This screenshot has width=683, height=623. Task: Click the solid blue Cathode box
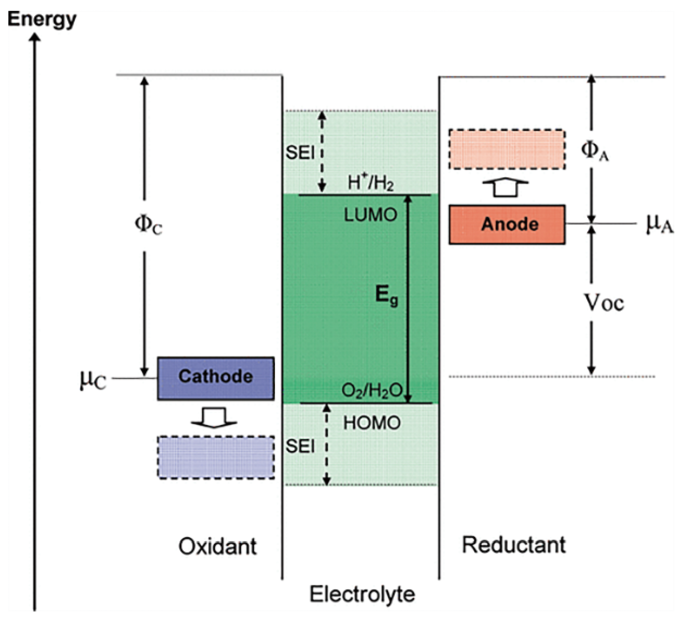[216, 378]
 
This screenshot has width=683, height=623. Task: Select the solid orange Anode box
[507, 225]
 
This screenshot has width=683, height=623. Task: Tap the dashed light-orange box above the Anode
[507, 149]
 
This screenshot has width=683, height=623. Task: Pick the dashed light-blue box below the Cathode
[216, 457]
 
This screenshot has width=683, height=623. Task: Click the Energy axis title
[42, 20]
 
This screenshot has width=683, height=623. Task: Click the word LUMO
[370, 215]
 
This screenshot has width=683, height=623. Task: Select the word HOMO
[372, 423]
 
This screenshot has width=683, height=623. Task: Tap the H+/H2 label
[370, 182]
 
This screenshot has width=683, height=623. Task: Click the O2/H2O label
[372, 391]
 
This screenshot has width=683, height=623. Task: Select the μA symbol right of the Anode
[660, 224]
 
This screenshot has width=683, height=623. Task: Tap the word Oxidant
[218, 546]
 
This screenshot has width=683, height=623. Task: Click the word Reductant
[514, 545]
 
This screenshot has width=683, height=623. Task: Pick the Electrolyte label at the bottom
[362, 594]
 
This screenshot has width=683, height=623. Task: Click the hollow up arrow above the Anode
[506, 188]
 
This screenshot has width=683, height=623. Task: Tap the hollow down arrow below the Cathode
[214, 417]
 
